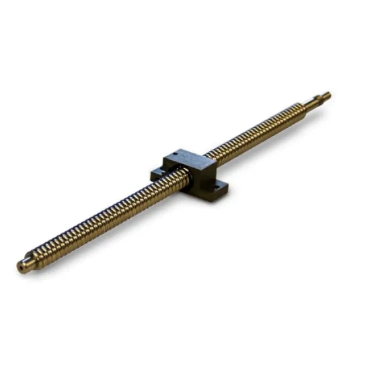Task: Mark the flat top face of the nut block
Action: coord(192,159)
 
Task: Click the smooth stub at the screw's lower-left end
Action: coord(24,264)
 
